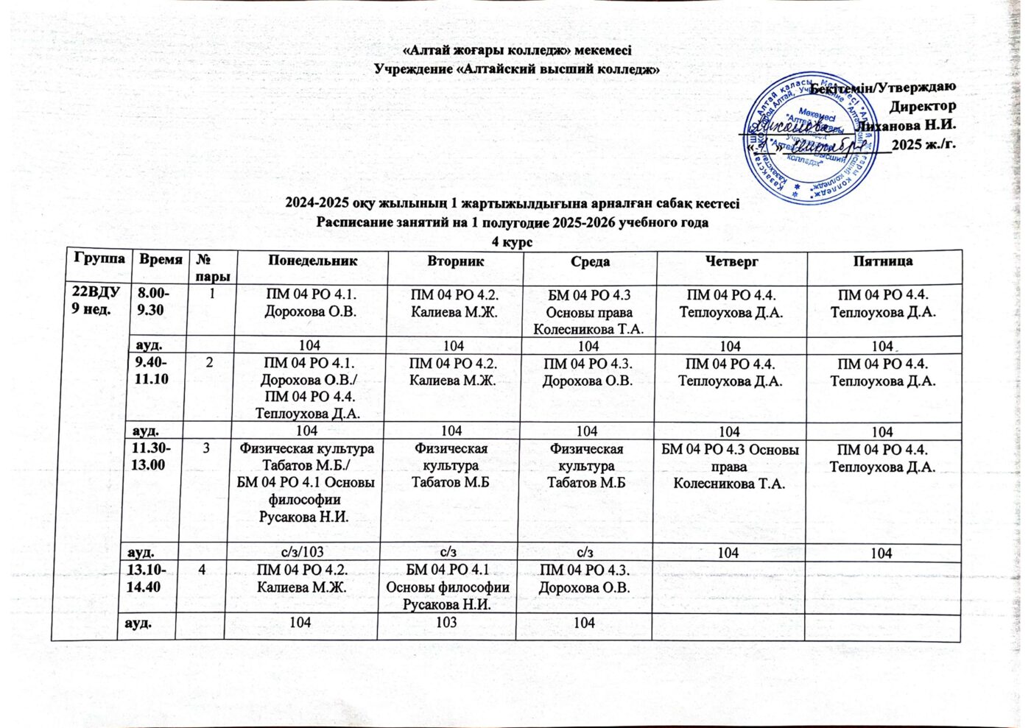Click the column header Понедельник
pos(313,261)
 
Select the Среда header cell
pos(590,262)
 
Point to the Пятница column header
pos(883,261)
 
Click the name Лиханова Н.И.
pos(907,124)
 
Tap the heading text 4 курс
pos(512,241)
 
